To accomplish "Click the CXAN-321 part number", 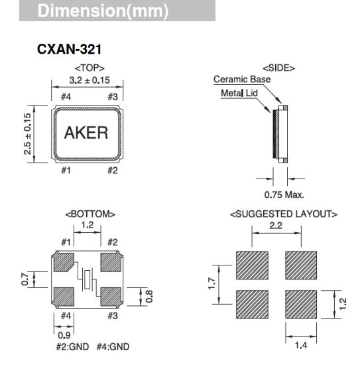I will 70,50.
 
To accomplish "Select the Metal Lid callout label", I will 241,93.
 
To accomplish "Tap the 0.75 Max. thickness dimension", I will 284,194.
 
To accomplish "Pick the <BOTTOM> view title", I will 90,214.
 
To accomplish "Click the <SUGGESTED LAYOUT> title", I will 284,214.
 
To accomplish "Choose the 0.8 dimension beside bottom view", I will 150,295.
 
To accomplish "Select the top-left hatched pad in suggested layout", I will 252,265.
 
